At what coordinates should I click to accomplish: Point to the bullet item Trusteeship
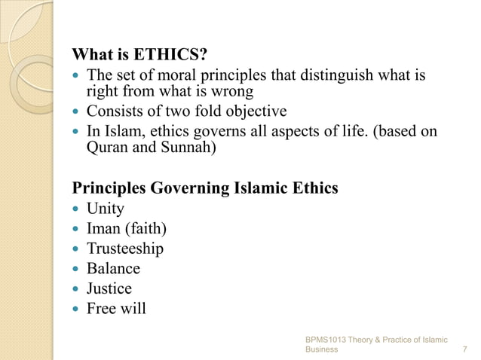point(124,249)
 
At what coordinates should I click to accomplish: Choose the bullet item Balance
point(113,268)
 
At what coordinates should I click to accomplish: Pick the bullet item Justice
point(109,288)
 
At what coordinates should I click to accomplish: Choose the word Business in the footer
point(322,350)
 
